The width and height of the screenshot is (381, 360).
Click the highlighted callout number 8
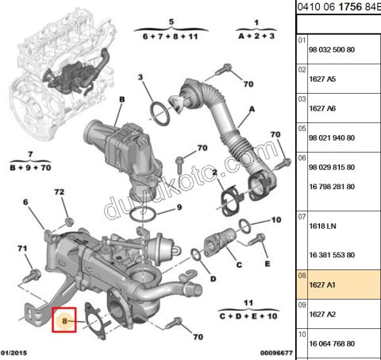point(64,321)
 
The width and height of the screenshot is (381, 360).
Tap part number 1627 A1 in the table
point(322,285)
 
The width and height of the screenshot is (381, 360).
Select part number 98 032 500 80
point(332,49)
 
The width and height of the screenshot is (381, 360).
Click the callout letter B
point(121,99)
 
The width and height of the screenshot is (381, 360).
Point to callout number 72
point(60,192)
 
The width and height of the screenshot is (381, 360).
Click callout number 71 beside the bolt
point(22,248)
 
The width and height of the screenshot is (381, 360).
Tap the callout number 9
point(179,207)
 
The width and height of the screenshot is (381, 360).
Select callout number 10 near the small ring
point(276,219)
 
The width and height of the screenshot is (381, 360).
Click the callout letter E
point(267,264)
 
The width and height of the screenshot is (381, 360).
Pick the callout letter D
point(213,279)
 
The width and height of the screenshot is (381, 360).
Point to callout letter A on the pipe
point(252,109)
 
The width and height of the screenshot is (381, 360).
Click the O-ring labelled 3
point(160,114)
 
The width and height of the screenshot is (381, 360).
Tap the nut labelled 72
point(69,222)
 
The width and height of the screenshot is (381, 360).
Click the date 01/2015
point(13,353)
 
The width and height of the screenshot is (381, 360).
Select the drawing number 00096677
point(276,353)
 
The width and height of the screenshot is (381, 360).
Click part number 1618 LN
point(322,226)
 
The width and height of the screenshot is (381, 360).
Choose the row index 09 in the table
point(302,304)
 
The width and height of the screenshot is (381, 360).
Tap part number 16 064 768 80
point(332,343)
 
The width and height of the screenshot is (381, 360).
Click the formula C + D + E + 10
point(248,316)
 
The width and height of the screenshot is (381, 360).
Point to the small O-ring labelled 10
point(245,226)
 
